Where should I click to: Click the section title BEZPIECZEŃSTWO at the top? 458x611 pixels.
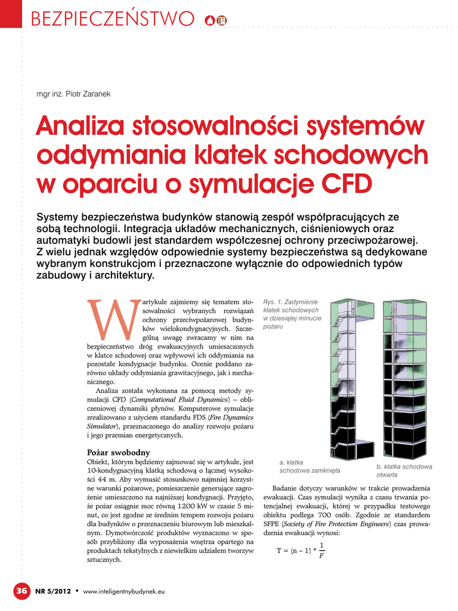point(113,20)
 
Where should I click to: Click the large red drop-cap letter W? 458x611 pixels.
point(113,319)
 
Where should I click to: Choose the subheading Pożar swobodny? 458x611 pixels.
point(118,452)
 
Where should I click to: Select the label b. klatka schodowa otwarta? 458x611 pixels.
point(404,470)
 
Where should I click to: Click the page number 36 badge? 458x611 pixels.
point(21,591)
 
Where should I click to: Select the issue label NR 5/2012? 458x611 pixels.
point(54,591)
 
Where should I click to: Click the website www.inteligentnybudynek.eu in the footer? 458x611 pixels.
point(123,591)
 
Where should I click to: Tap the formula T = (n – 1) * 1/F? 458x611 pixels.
point(301,551)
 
